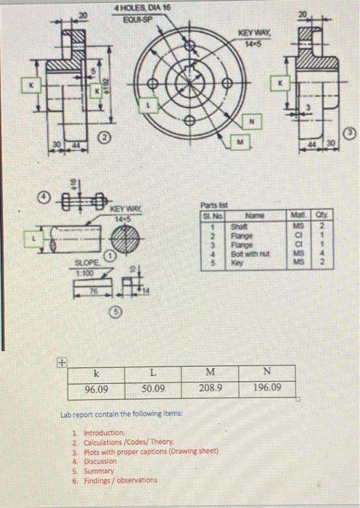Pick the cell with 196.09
267,388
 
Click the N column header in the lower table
267,372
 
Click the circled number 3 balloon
352,132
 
